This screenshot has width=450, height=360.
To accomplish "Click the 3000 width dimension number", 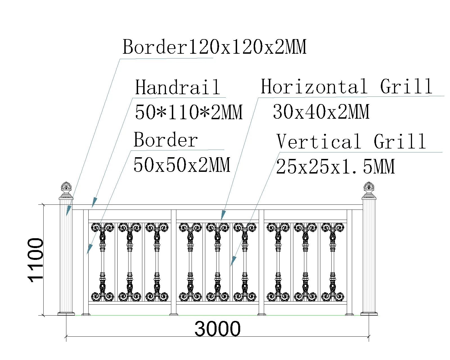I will (217, 328).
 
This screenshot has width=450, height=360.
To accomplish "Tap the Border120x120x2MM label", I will (214, 47).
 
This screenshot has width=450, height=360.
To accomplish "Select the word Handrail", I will (177, 87).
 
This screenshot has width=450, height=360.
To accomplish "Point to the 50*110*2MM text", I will (188, 112).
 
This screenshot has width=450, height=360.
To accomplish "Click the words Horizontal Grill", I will (346, 86).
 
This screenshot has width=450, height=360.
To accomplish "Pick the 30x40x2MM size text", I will (321, 112).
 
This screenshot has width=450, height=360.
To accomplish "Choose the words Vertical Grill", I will (351, 141).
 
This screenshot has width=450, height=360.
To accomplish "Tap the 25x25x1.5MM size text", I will (335, 166).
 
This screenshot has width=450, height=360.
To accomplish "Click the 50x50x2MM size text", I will (182, 165).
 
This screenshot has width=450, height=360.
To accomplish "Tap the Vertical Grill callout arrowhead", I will (233, 261).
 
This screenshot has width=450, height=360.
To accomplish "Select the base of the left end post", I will (66, 313).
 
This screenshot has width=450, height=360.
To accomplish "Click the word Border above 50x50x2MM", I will (166, 140).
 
